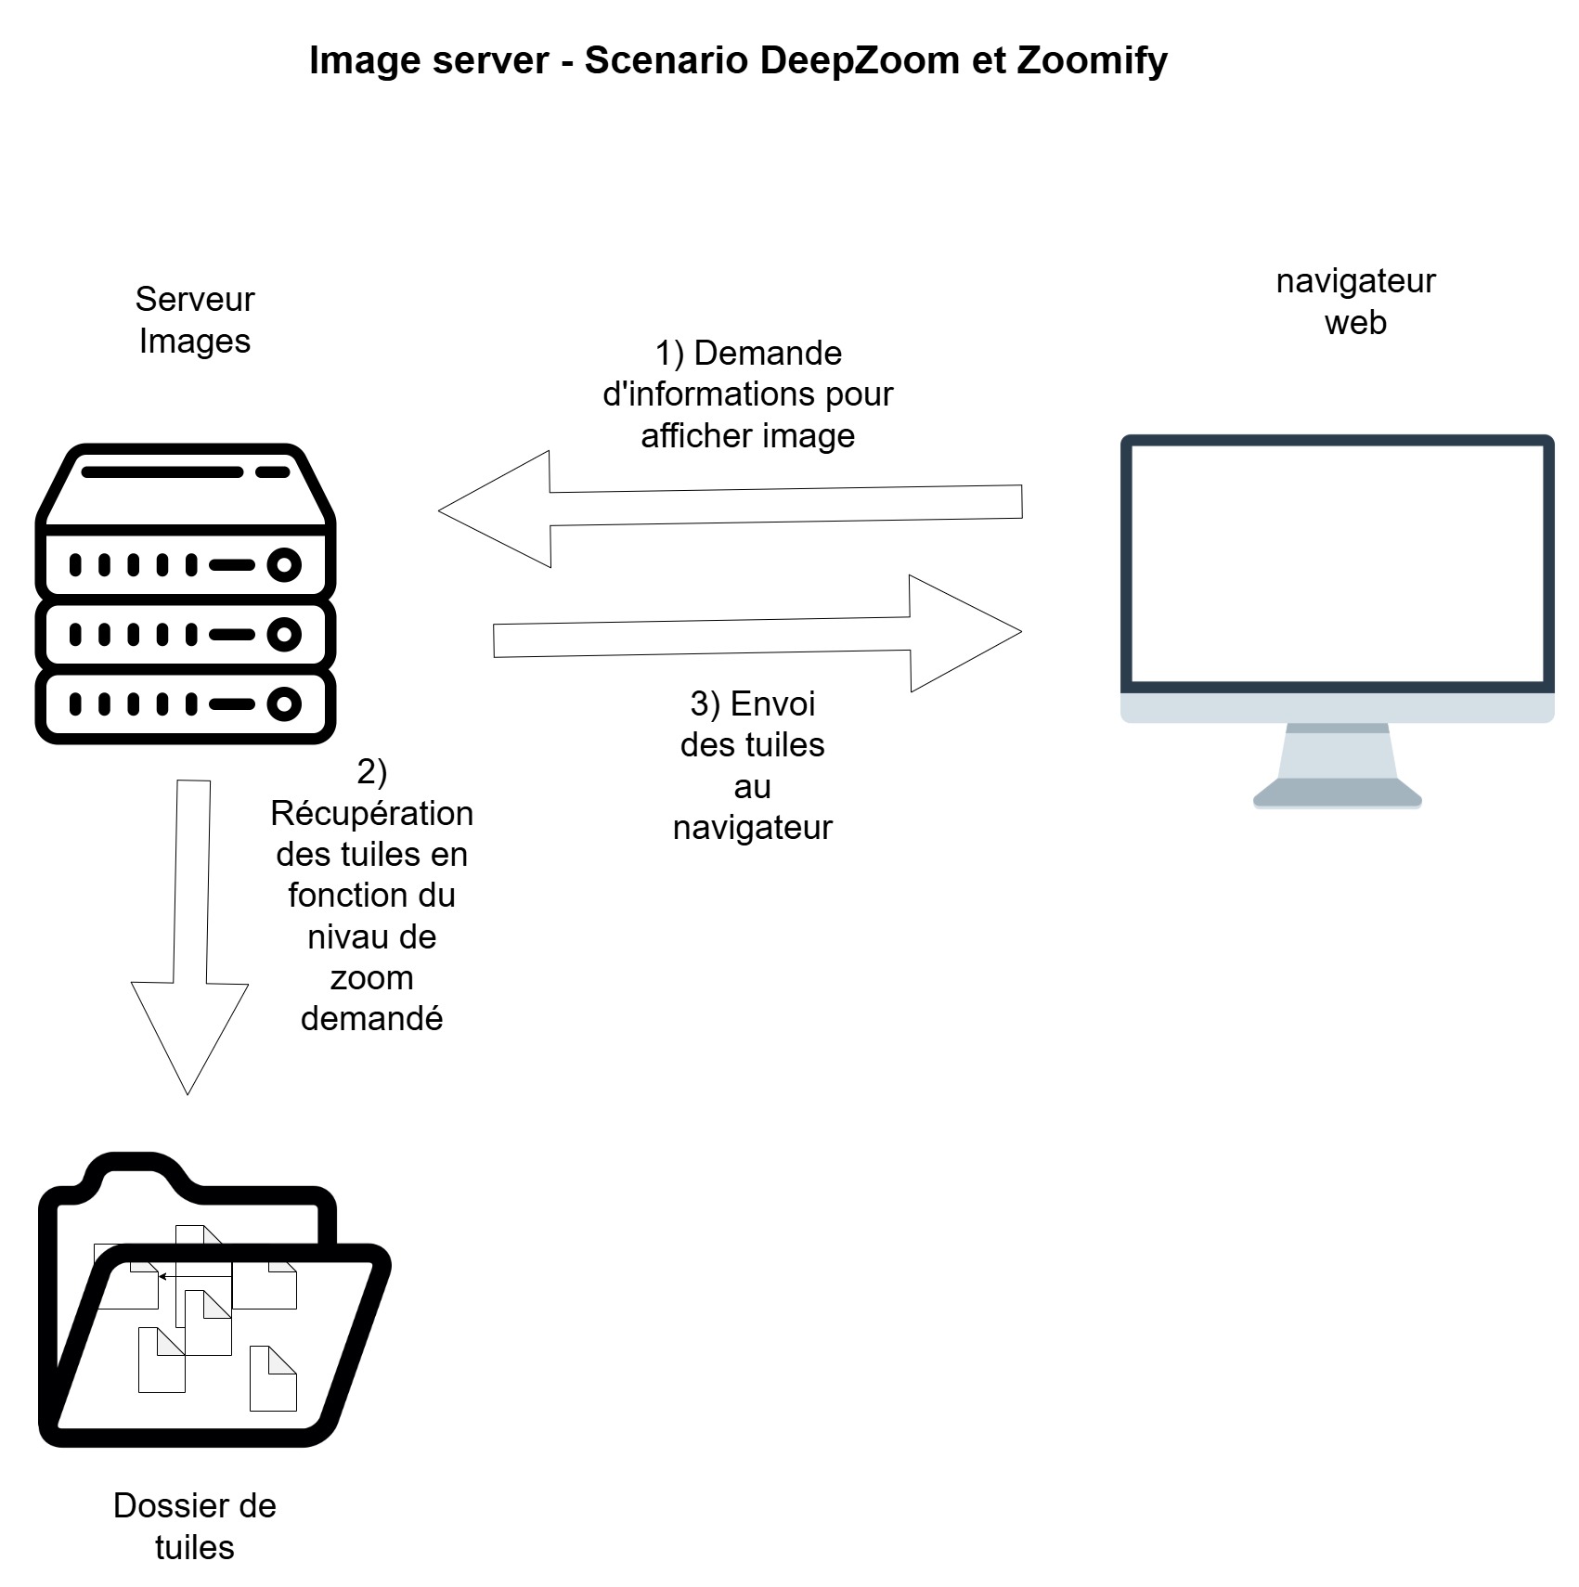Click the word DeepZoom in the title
pos(860,60)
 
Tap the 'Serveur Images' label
pos(194,319)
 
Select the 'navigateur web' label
pos(1354,301)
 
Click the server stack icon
pos(185,594)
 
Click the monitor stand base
pos(1337,793)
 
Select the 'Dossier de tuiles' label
pos(194,1526)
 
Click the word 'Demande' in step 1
pos(768,354)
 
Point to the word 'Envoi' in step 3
pos(772,703)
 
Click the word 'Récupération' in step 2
pos(371,814)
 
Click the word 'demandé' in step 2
pos(371,1019)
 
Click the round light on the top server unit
pos(284,564)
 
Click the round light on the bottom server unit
pos(284,703)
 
